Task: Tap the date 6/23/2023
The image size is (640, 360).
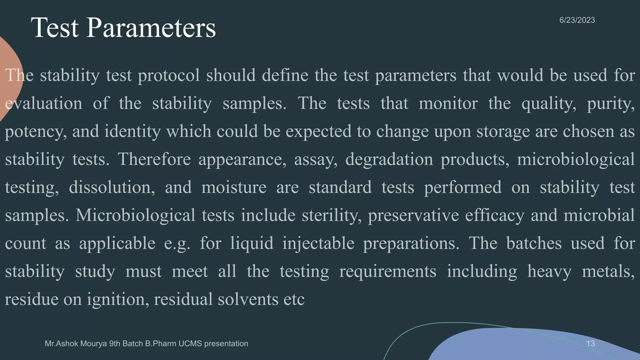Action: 577,20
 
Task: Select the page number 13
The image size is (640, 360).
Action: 590,343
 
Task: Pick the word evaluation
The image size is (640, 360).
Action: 44,103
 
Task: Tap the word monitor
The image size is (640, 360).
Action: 448,103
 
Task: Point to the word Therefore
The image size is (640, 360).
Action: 154,159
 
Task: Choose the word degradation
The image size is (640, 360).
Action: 389,159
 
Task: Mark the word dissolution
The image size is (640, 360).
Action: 112,187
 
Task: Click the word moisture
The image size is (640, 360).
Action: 234,187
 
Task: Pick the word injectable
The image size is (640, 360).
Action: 318,243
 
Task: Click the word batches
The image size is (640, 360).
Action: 534,243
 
